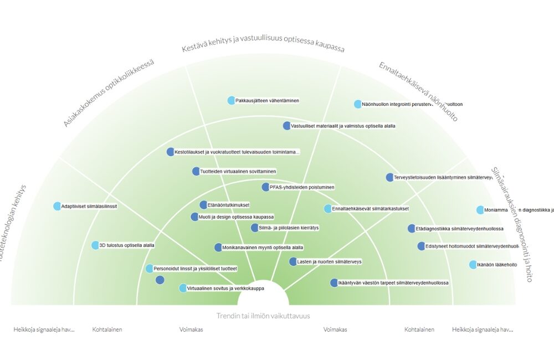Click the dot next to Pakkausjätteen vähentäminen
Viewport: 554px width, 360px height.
click(x=232, y=100)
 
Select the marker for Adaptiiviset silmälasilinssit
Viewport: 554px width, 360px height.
click(x=57, y=206)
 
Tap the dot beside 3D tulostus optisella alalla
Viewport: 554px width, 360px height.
click(x=95, y=245)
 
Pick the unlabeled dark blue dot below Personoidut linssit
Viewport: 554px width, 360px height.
click(x=160, y=280)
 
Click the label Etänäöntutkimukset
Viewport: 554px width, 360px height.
click(x=229, y=205)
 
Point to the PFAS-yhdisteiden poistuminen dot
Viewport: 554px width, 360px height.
click(x=265, y=187)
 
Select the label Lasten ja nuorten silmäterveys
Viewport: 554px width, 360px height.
click(x=329, y=261)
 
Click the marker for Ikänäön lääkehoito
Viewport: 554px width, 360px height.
click(x=473, y=265)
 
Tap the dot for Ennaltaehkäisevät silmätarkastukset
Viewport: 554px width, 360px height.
click(x=327, y=209)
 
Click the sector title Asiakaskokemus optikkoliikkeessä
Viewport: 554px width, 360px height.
click(x=108, y=92)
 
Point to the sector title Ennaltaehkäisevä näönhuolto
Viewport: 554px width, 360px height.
click(x=418, y=91)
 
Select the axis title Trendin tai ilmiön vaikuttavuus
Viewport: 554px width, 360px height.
click(x=263, y=316)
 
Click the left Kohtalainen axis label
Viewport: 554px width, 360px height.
click(x=107, y=330)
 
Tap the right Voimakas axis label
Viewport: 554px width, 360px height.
click(x=335, y=330)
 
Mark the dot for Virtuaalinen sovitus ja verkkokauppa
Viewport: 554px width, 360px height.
click(x=183, y=288)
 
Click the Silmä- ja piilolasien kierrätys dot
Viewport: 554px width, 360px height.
click(x=255, y=228)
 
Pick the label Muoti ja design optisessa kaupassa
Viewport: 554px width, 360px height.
click(x=236, y=217)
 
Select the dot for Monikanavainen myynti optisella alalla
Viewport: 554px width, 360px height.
click(x=218, y=248)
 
